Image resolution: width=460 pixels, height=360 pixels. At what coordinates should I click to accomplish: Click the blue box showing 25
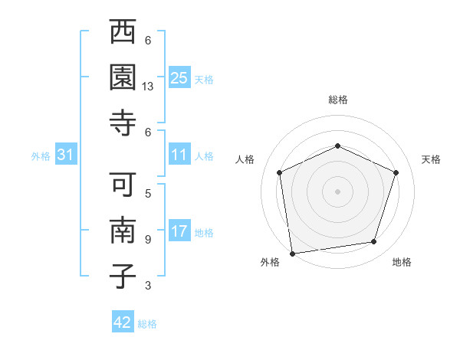179,77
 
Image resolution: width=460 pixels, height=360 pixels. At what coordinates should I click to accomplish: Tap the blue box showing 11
179,155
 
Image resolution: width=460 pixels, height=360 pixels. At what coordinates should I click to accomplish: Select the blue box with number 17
179,231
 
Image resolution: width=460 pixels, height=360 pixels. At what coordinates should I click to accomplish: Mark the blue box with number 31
65,155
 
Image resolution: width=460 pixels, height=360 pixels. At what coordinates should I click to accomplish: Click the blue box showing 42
123,322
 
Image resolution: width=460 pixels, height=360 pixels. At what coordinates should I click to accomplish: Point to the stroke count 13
149,87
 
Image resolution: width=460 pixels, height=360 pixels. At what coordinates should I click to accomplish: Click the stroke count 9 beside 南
148,240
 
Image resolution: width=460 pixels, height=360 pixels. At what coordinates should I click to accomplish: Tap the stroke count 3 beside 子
148,286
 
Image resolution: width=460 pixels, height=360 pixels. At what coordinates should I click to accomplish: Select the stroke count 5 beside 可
148,194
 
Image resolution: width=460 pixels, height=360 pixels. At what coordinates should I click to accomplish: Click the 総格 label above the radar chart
337,100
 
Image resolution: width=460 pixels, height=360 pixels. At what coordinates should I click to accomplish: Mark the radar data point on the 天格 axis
396,172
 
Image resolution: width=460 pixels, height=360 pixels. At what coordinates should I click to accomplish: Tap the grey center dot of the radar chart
337,191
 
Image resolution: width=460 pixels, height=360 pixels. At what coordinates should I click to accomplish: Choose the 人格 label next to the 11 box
204,155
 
